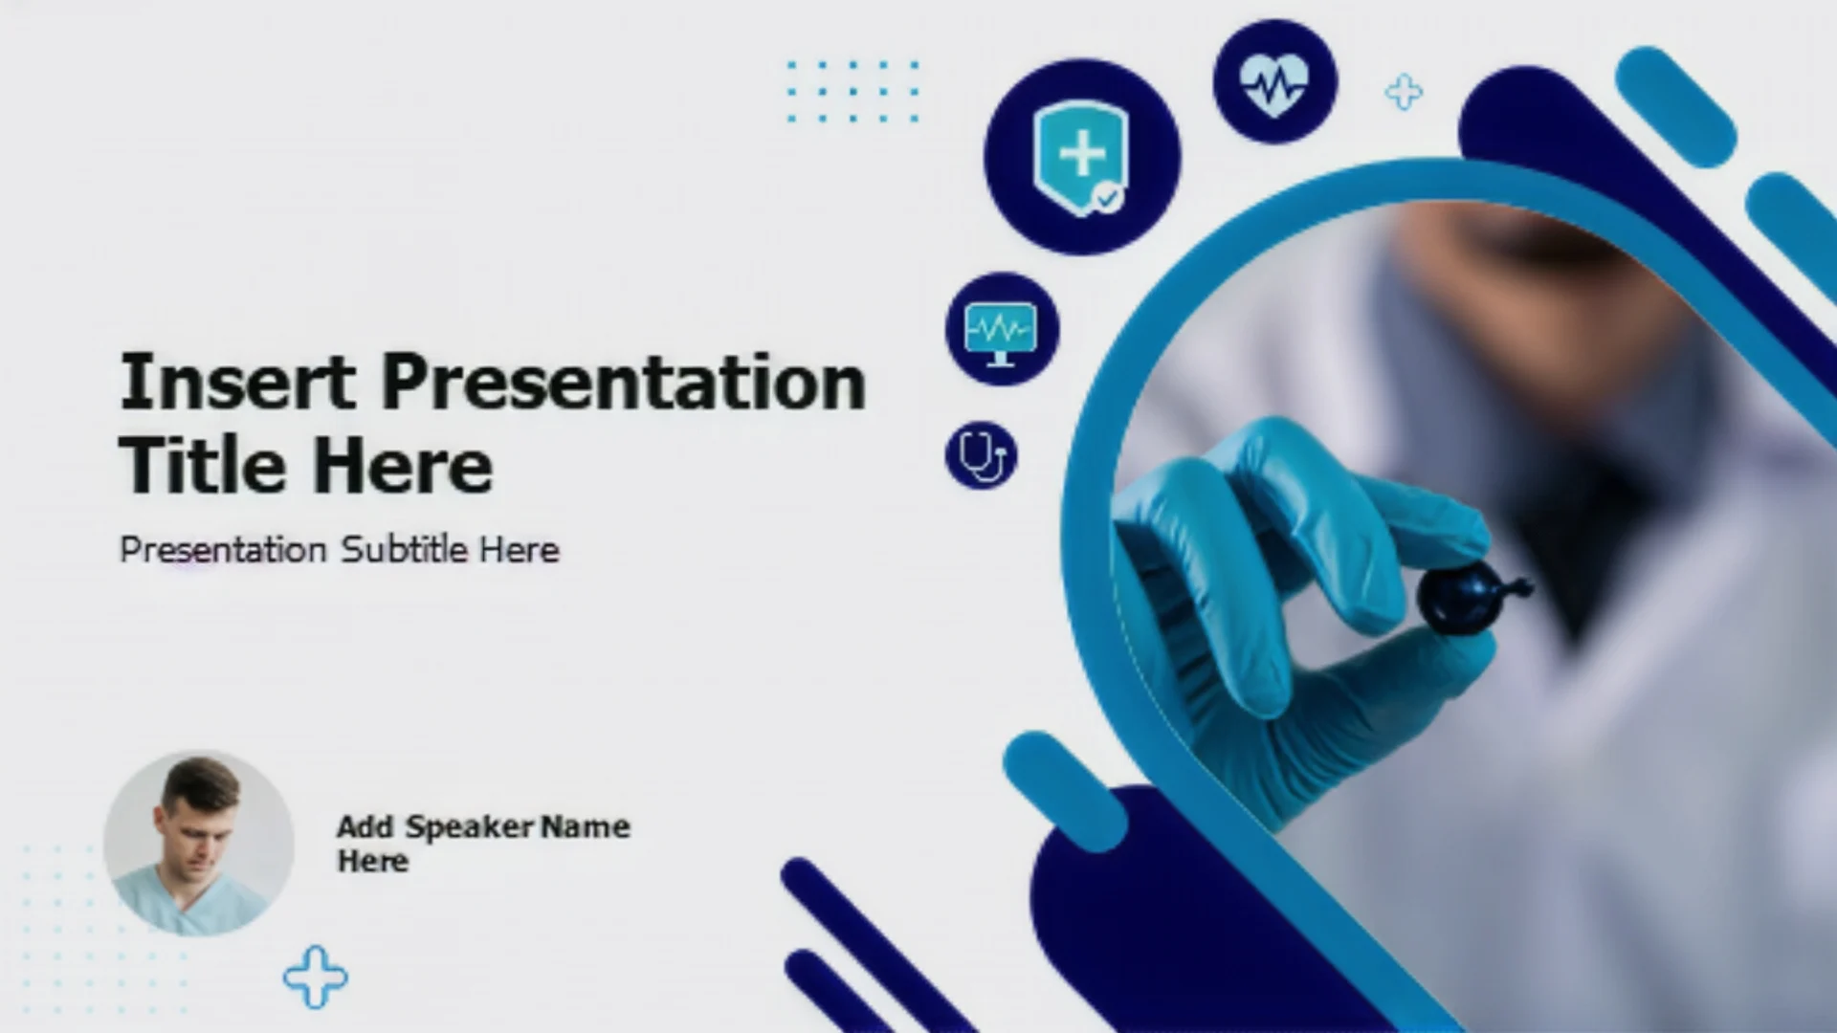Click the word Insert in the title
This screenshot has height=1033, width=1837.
pyautogui.click(x=237, y=382)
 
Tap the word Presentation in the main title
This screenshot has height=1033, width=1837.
pyautogui.click(x=624, y=382)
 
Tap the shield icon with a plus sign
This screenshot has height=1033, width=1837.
pyautogui.click(x=1081, y=158)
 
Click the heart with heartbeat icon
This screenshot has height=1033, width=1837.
pyautogui.click(x=1273, y=83)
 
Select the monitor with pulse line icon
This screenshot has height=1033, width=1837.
pyautogui.click(x=1001, y=332)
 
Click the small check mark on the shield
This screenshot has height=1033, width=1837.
pyautogui.click(x=1107, y=198)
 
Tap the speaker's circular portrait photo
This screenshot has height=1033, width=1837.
pyautogui.click(x=199, y=844)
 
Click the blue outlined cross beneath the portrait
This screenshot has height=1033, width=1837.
pyautogui.click(x=316, y=978)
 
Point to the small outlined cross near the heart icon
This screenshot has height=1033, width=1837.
pyautogui.click(x=1404, y=93)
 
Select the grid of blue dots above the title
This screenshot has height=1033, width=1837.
pyautogui.click(x=852, y=92)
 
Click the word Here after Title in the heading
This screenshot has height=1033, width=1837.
pyautogui.click(x=403, y=466)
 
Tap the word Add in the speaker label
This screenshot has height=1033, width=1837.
pyautogui.click(x=365, y=827)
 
